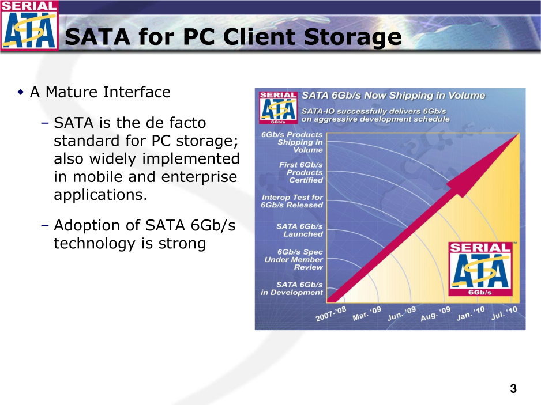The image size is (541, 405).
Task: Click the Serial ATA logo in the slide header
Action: [29, 25]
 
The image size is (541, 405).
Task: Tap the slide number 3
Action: [513, 388]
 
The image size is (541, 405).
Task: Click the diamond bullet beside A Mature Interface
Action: [21, 92]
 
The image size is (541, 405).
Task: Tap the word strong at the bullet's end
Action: [182, 244]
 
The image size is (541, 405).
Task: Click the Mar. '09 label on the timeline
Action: [366, 313]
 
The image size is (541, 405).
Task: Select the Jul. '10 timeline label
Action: [505, 313]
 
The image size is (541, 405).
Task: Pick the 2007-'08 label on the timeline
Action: [330, 313]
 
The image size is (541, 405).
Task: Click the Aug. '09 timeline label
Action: [435, 313]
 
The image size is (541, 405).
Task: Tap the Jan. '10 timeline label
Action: [470, 313]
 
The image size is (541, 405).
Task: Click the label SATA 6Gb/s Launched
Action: [299, 230]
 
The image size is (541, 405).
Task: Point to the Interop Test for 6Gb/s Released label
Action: [292, 201]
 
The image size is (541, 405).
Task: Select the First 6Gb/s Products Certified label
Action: [301, 172]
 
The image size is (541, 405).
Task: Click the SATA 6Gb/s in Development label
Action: [292, 289]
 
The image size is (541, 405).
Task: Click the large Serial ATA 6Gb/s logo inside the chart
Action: [480, 269]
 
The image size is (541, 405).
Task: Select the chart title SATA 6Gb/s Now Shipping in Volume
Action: [393, 96]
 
